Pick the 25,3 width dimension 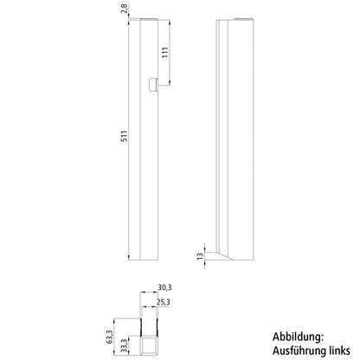[x=164, y=302]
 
